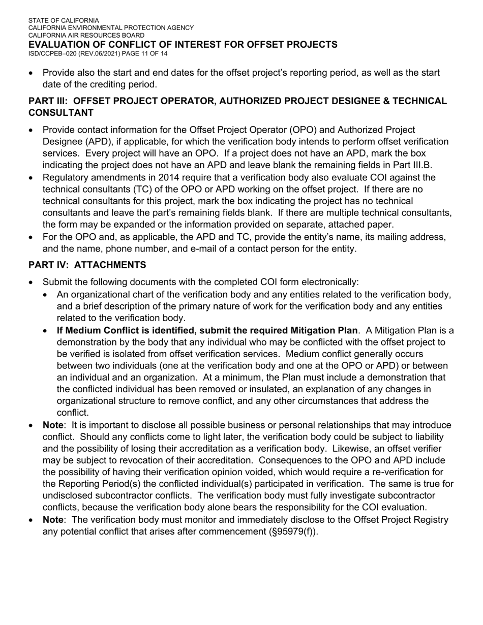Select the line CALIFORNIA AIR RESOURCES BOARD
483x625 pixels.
point(86,36)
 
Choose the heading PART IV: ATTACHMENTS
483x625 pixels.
point(87,265)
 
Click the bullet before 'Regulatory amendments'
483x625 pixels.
point(32,178)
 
